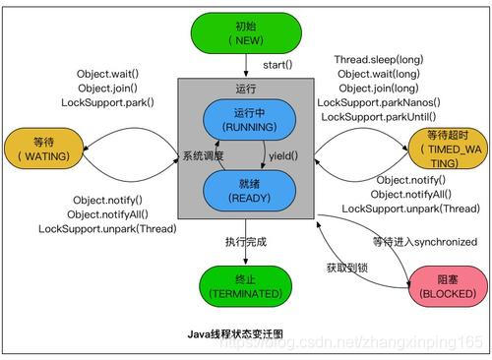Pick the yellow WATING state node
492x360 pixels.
(41, 148)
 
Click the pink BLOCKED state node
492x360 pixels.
(446, 286)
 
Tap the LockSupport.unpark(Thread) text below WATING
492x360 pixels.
(108, 229)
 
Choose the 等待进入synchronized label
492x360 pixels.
(425, 242)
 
